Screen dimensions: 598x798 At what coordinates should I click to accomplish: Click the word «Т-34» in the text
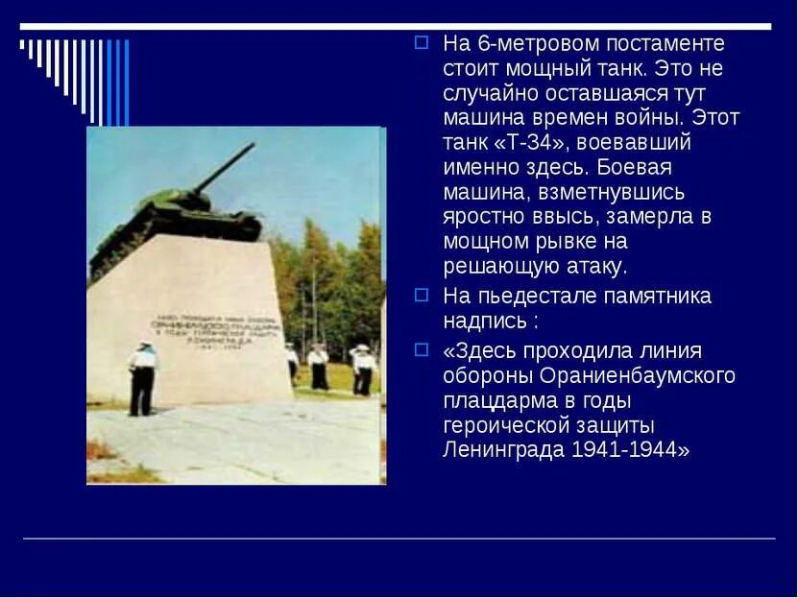pyautogui.click(x=535, y=143)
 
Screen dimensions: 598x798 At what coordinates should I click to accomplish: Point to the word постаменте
pyautogui.click(x=665, y=43)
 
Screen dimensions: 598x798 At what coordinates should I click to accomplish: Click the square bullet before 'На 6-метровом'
pyautogui.click(x=421, y=42)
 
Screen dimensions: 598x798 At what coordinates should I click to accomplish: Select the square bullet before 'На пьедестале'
pyautogui.click(x=421, y=295)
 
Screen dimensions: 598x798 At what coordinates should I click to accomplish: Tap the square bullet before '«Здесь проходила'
pyautogui.click(x=421, y=349)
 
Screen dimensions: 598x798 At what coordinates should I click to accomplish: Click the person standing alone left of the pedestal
pyautogui.click(x=142, y=378)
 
